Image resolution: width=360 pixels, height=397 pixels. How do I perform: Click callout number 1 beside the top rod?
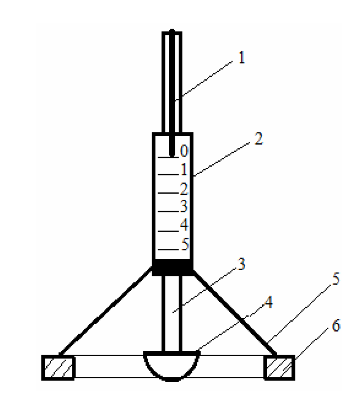point(242,58)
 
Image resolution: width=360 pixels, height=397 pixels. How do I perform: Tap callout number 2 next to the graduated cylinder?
point(259,139)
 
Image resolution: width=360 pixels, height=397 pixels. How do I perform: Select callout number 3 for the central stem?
point(241,264)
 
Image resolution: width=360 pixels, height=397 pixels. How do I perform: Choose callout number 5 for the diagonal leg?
point(336,279)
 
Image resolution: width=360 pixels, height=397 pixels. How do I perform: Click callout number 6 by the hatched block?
point(336,325)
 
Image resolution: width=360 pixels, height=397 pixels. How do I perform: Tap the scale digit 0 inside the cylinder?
point(184,151)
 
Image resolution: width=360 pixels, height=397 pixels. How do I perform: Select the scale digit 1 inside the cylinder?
point(184,169)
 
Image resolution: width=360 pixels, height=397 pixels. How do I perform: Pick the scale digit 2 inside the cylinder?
point(184,188)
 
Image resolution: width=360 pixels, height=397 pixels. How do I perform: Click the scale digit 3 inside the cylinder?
point(184,206)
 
